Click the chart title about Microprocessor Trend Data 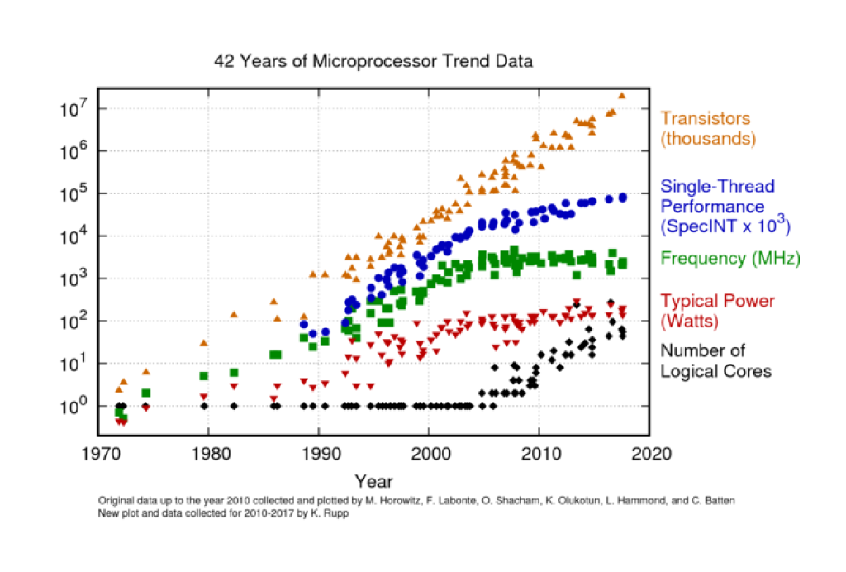click(373, 61)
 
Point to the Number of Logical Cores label click(715, 361)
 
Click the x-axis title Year click(373, 481)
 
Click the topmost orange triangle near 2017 click(621, 96)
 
